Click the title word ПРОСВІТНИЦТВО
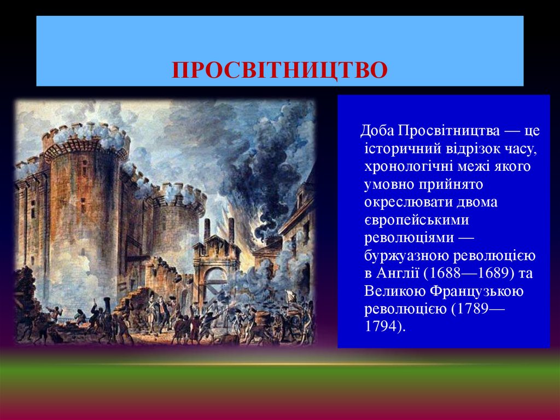(280, 71)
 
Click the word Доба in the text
(378, 131)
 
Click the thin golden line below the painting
(280, 364)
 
